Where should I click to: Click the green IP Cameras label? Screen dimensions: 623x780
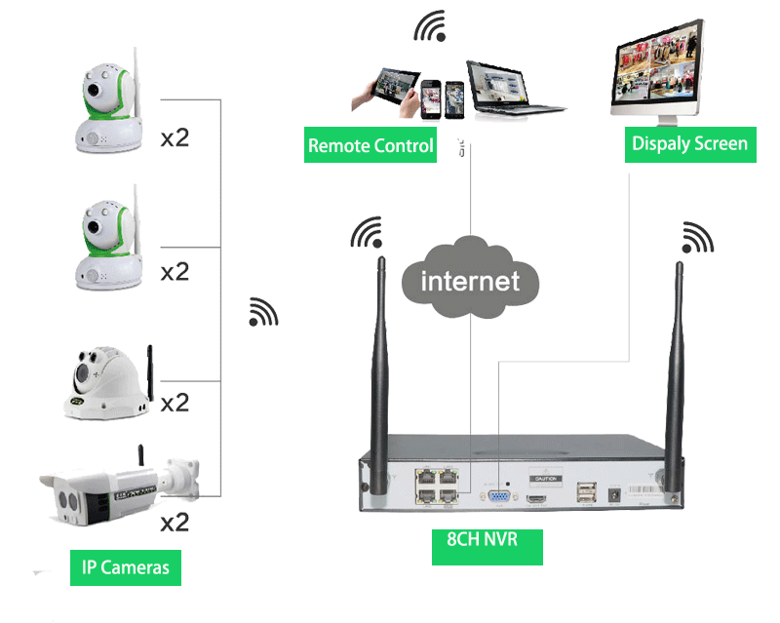[126, 567]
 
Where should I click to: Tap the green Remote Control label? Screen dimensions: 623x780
[370, 146]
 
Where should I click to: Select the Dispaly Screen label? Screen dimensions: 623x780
[690, 143]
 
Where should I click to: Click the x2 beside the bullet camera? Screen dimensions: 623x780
[175, 523]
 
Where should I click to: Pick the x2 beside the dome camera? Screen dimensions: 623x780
[175, 402]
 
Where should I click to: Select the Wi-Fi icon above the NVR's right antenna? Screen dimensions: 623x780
[698, 238]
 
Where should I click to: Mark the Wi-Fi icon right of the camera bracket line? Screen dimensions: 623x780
[263, 311]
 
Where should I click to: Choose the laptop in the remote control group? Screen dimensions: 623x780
[504, 89]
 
